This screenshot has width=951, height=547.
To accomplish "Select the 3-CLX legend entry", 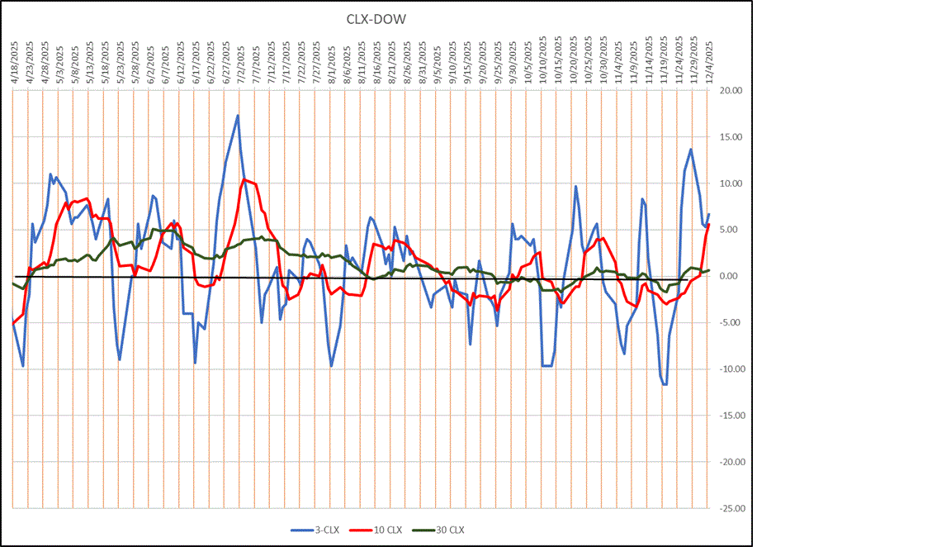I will pyautogui.click(x=310, y=530).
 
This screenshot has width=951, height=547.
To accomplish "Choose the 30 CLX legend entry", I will pyautogui.click(x=446, y=530).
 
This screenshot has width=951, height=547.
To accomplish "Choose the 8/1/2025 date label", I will pyautogui.click(x=331, y=62).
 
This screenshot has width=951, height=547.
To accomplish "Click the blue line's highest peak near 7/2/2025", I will pyautogui.click(x=238, y=116).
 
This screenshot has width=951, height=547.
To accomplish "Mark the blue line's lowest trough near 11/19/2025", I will pyautogui.click(x=665, y=384).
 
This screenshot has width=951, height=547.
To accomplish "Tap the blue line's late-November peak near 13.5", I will pyautogui.click(x=691, y=150).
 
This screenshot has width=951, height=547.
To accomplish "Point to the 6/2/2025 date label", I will pyautogui.click(x=149, y=62).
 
